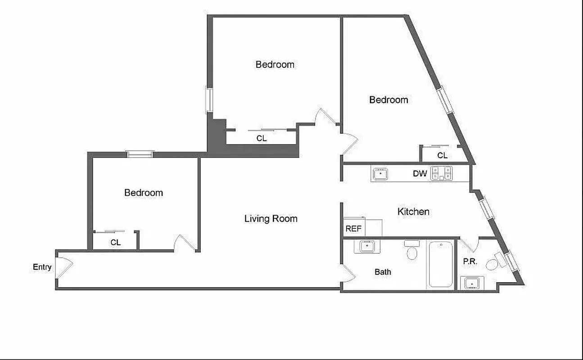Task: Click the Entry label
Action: coord(42,267)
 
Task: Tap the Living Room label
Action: coord(271,219)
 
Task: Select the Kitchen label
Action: coord(413,211)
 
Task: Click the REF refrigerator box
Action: coord(354,228)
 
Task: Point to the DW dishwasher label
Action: coord(420,174)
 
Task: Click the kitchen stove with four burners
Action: coord(441,173)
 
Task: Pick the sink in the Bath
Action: coord(367,247)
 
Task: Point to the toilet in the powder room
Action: coord(495,262)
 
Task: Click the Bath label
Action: coord(383,272)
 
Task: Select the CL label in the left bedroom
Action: coord(116,242)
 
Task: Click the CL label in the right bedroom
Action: coord(442,156)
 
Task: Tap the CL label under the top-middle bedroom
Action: coord(262,139)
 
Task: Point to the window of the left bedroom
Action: coord(140,154)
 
